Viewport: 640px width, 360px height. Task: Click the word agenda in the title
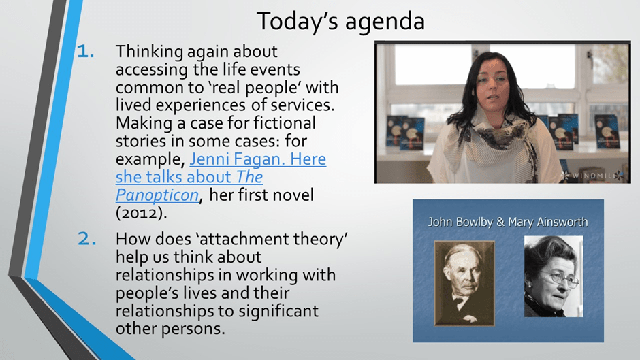tap(385, 22)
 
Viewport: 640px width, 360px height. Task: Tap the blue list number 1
tap(86, 52)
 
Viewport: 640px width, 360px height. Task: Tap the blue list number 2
tap(87, 239)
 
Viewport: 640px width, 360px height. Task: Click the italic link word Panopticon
tap(157, 195)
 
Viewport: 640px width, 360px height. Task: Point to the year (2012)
tap(141, 213)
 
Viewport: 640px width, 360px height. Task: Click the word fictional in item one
tap(285, 123)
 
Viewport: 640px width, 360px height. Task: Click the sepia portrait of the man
tap(464, 283)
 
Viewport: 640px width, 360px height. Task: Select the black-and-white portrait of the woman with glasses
tap(554, 276)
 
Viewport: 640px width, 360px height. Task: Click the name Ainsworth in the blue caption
tap(562, 222)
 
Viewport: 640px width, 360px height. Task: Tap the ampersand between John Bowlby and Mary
tap(500, 222)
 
